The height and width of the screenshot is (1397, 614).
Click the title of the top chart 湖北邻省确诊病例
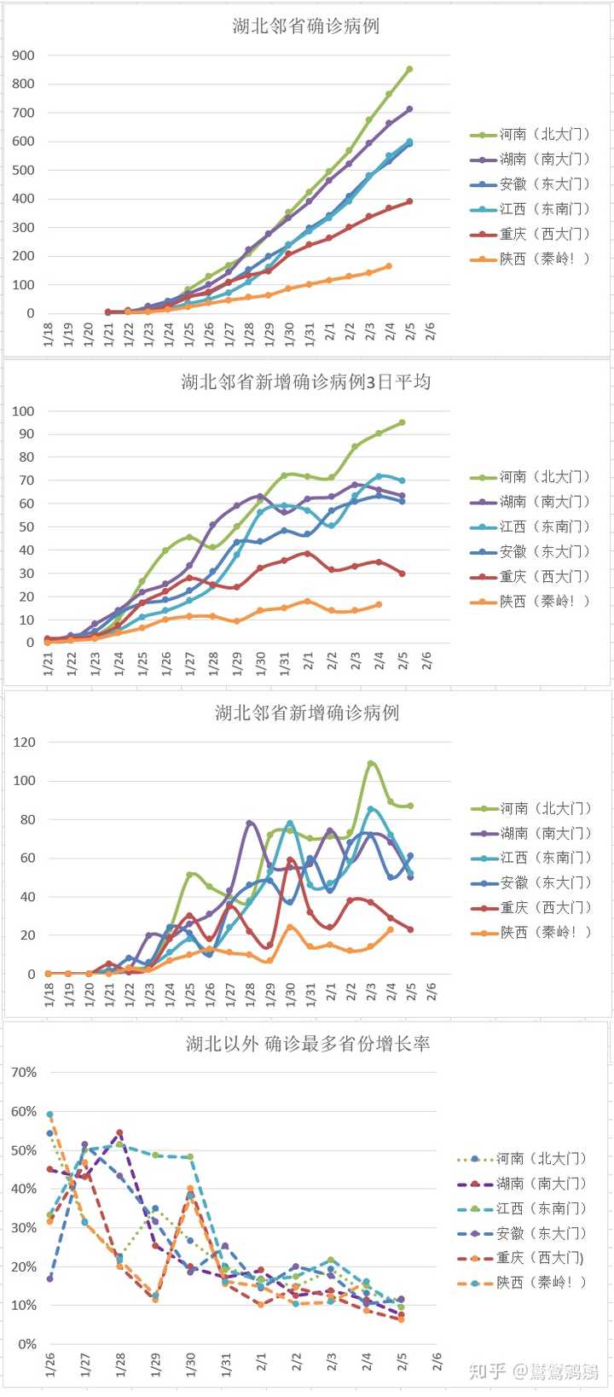point(306,26)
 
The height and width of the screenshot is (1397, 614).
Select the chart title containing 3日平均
point(306,381)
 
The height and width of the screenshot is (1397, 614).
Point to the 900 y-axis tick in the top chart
point(24,55)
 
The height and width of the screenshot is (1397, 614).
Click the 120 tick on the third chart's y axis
point(24,742)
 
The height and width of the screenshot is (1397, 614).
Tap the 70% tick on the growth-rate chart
point(24,1072)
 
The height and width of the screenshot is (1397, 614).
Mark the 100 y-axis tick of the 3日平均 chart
point(24,411)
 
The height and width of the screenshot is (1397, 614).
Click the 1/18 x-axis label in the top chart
point(49,335)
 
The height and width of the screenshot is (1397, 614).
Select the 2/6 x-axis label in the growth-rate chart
point(437,1363)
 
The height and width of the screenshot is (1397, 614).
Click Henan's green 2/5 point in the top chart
point(409,69)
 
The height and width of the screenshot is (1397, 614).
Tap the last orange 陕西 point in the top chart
point(389,266)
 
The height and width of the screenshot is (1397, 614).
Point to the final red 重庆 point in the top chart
point(409,201)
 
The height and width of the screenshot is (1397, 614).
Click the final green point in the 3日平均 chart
point(403,422)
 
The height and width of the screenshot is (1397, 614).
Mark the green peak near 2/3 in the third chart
point(371,763)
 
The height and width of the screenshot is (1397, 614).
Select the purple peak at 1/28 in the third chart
point(250,824)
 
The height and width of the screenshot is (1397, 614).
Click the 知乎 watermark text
point(487,1371)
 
